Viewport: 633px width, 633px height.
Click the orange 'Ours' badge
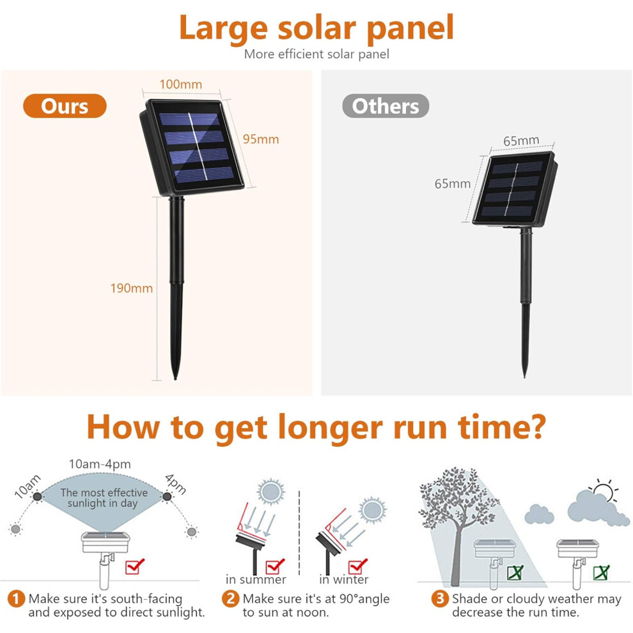pos(65,106)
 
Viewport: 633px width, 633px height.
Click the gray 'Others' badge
pos(386,106)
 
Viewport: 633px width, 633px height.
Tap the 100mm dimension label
pos(180,84)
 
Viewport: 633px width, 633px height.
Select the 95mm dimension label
pos(261,139)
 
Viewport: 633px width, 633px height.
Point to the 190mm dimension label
pos(132,288)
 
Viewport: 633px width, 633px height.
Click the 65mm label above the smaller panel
pos(521,141)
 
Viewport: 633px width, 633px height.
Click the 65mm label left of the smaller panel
pos(453,184)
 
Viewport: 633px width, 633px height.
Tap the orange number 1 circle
pos(16,598)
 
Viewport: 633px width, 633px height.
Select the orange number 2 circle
pos(230,598)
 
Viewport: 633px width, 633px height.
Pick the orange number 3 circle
pos(440,598)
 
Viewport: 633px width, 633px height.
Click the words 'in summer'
pos(256,580)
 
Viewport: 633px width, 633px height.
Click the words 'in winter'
pos(343,580)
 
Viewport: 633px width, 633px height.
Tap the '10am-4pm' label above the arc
pos(100,464)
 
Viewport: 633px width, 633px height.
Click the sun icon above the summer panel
pos(270,492)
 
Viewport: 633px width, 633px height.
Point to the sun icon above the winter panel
pos(372,510)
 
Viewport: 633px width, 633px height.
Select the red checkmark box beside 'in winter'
pos(357,566)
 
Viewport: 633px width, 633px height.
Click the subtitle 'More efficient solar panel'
pos(316,54)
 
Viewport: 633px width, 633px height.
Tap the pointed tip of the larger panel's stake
pos(175,379)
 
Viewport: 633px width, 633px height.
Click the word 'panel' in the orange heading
pos(410,28)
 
